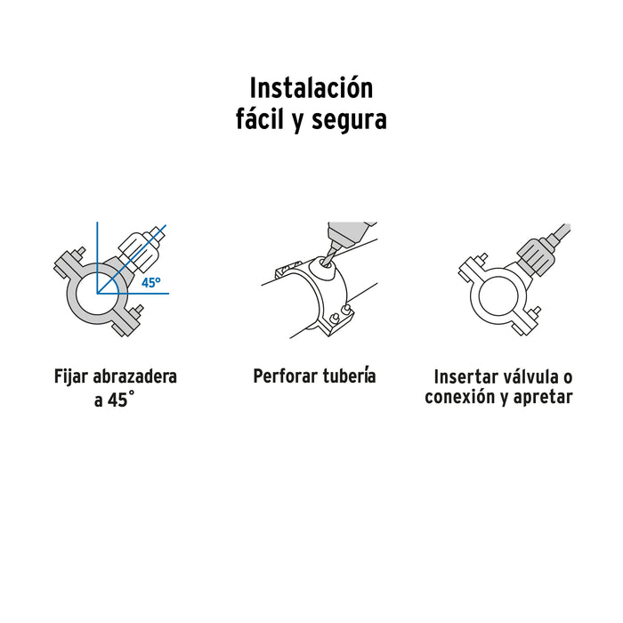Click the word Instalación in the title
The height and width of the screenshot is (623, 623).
pyautogui.click(x=311, y=89)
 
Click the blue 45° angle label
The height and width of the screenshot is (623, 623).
pyautogui.click(x=151, y=282)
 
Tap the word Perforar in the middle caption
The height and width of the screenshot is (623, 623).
pyautogui.click(x=285, y=376)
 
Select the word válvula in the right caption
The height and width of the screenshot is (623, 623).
pyautogui.click(x=533, y=376)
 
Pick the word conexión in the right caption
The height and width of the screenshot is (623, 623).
pyautogui.click(x=458, y=398)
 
